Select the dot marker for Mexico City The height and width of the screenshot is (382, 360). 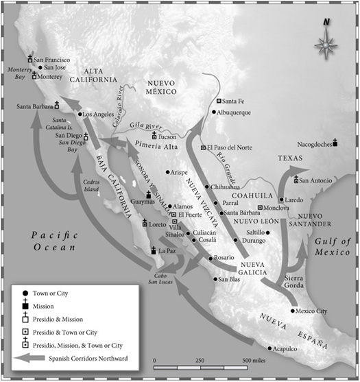(293, 311)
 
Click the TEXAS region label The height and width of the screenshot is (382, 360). (290, 157)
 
